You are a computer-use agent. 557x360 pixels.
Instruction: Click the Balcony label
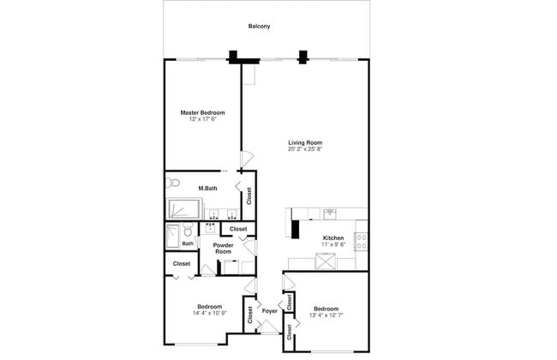[259, 27]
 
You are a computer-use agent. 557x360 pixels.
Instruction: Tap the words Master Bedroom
[202, 112]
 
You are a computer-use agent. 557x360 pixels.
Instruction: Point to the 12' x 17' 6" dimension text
[202, 119]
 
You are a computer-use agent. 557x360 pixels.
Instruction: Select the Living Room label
[305, 143]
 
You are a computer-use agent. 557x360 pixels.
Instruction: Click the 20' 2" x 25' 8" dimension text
[305, 149]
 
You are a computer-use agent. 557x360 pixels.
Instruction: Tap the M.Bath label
[207, 189]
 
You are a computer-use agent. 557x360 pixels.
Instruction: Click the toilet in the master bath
[172, 183]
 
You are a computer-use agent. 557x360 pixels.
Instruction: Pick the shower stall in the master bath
[183, 208]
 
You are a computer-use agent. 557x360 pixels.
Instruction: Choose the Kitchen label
[333, 237]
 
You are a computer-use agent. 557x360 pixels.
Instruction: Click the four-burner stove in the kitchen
[362, 242]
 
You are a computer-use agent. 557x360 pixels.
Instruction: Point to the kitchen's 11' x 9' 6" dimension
[333, 244]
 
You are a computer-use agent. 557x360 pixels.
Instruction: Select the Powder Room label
[223, 248]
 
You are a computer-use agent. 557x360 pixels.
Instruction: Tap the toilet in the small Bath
[188, 230]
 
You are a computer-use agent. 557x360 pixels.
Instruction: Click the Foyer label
[270, 311]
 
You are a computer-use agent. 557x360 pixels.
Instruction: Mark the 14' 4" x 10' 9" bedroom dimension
[210, 313]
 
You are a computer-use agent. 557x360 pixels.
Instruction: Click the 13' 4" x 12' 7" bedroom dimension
[326, 315]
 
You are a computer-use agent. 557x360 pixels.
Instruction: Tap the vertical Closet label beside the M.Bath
[249, 195]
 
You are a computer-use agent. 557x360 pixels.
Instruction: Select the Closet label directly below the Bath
[182, 264]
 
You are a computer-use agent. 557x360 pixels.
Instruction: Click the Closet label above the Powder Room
[238, 229]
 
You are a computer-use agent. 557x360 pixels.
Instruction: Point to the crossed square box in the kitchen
[326, 261]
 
